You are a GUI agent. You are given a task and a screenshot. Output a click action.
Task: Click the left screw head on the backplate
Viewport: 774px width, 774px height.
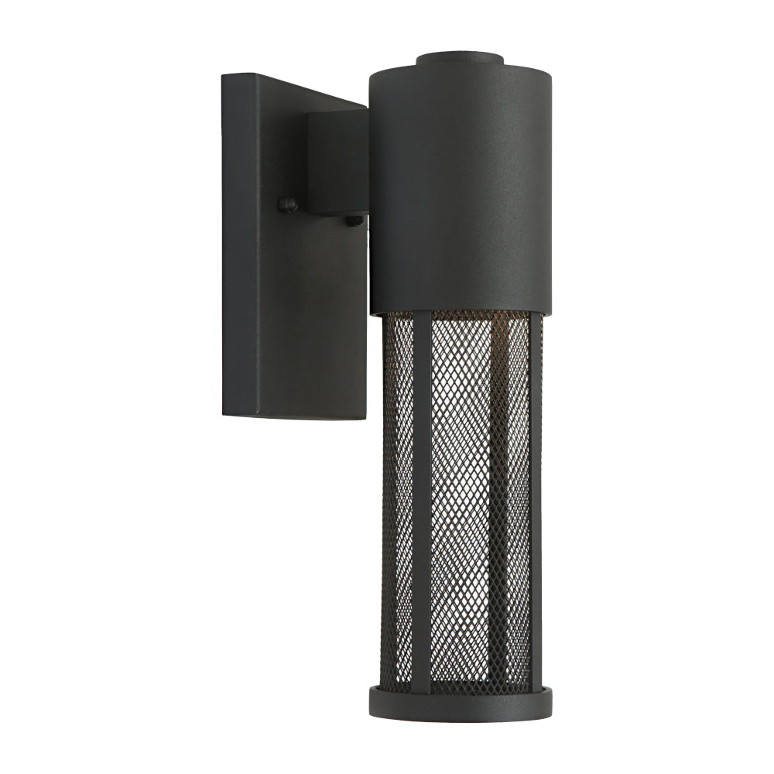(288, 205)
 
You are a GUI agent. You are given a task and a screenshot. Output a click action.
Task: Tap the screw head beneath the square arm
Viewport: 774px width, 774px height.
(354, 221)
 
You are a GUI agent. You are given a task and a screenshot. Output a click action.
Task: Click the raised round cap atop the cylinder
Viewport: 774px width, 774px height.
(460, 59)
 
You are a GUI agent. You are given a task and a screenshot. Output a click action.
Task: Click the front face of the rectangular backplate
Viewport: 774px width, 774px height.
(310, 310)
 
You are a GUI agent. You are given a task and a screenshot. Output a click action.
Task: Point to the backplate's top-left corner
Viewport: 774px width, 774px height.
(223, 75)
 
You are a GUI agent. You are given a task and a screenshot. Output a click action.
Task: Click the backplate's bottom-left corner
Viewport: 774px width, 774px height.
(224, 415)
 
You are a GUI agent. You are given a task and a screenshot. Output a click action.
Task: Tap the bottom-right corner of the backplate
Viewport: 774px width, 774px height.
(365, 419)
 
